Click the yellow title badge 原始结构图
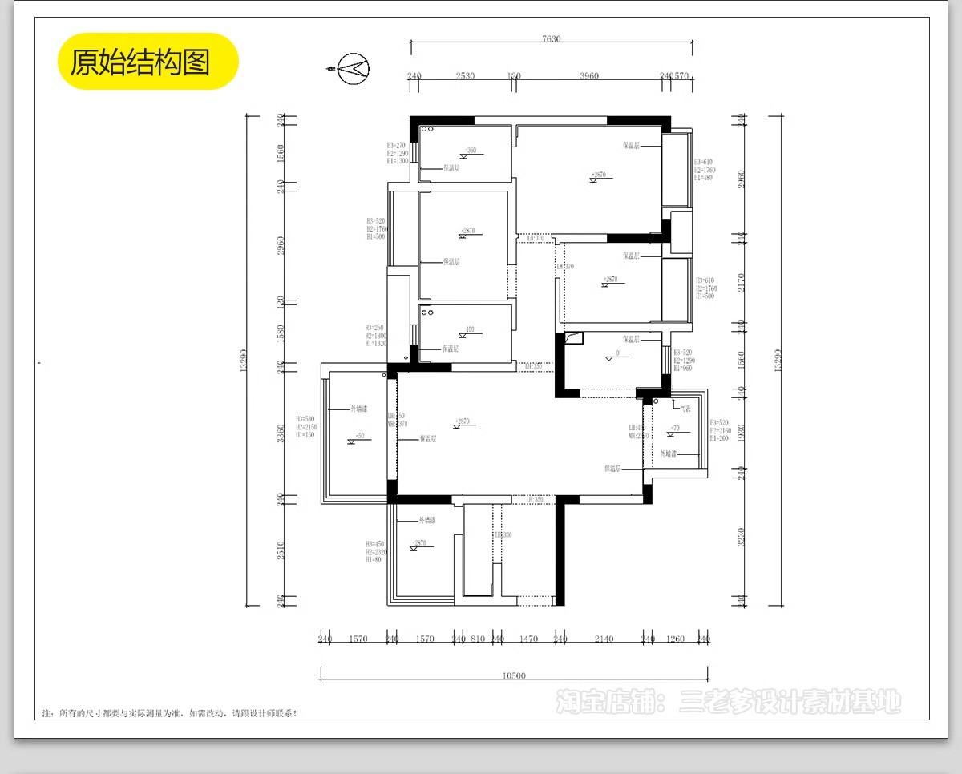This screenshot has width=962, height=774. (148, 62)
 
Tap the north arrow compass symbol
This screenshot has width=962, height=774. (353, 69)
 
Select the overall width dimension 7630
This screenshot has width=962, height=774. (551, 38)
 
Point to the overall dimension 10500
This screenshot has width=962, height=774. (513, 675)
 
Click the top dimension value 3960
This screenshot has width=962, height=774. (588, 76)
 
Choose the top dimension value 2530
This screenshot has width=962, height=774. (465, 76)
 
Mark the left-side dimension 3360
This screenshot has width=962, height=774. (279, 433)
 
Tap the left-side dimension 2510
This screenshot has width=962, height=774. (279, 550)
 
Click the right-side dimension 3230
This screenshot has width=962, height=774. (742, 535)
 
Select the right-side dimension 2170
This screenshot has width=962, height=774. (742, 282)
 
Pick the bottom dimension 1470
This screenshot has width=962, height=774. (527, 639)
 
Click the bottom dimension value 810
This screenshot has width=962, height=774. (478, 639)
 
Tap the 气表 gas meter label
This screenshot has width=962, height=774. (685, 408)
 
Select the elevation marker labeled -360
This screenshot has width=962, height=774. (471, 151)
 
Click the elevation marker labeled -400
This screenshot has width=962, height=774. (469, 329)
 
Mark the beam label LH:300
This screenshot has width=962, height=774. (503, 534)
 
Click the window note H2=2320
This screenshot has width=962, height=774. (377, 552)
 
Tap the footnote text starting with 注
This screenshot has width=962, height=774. (168, 712)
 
